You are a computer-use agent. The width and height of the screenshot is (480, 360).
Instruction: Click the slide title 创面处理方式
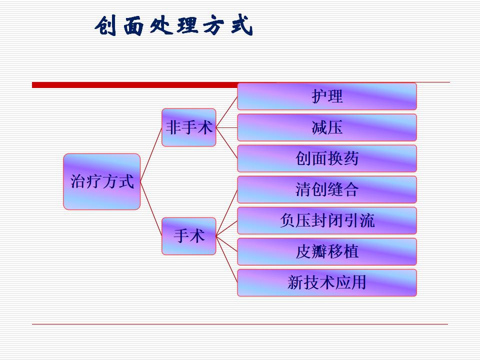pyautogui.click(x=174, y=26)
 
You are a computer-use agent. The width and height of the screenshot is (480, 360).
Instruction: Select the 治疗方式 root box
pyautogui.click(x=102, y=181)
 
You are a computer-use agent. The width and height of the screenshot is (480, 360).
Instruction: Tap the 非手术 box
pyautogui.click(x=189, y=127)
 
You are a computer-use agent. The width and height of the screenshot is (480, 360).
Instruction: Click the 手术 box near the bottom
pyautogui.click(x=189, y=236)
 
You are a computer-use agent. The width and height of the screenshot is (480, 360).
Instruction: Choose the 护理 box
pyautogui.click(x=327, y=96)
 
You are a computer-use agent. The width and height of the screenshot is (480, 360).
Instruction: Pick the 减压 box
pyautogui.click(x=327, y=127)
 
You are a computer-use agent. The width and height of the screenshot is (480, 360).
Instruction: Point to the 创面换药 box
pyautogui.click(x=327, y=158)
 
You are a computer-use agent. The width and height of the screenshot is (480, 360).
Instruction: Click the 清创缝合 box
pyautogui.click(x=327, y=189)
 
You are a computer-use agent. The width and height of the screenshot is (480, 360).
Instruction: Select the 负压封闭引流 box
pyautogui.click(x=327, y=220)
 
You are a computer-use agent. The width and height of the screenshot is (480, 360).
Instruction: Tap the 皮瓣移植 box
pyautogui.click(x=327, y=251)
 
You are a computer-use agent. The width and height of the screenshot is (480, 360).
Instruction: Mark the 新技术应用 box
pyautogui.click(x=327, y=282)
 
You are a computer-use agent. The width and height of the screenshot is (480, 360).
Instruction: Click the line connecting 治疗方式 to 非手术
pyautogui.click(x=151, y=154)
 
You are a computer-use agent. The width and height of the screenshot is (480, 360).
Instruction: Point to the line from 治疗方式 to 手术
pyautogui.click(x=151, y=208)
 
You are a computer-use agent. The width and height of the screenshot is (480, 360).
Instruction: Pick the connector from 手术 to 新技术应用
pyautogui.click(x=226, y=259)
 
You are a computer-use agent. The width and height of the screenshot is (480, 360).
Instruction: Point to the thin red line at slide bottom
pyautogui.click(x=240, y=324)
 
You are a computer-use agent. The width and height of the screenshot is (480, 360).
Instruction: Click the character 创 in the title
pyautogui.click(x=106, y=26)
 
